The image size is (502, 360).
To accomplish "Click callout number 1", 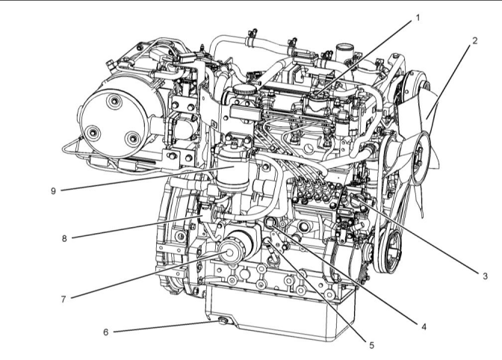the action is pos(417,18).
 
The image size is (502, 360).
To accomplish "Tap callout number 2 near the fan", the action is pos(475,40).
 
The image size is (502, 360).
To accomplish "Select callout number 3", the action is pos(485,276).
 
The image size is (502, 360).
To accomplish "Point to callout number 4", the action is pos(424,326).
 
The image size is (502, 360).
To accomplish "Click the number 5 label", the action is pos(372,345).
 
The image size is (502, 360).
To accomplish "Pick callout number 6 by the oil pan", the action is pos(106,332).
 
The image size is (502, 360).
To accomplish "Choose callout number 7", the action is pos(63,300).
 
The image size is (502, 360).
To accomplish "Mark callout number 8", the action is pos(64,238).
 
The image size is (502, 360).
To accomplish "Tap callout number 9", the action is pos(54,190).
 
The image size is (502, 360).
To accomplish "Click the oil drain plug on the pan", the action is pos(223,320).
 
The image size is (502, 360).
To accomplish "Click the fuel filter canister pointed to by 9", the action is pos(233,170).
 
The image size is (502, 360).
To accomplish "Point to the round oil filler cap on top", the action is pos(245,90).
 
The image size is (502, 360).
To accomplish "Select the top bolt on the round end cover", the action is pos(114,102).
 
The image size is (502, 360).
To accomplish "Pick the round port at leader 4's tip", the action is pos(270,221).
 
